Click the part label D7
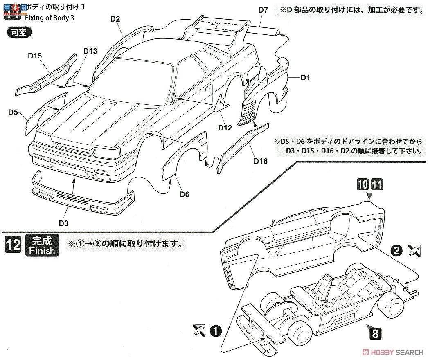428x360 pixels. click(263, 10)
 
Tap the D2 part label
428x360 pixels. click(115, 19)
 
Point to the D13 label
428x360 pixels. click(90, 51)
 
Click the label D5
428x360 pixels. click(12, 111)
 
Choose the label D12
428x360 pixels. click(225, 128)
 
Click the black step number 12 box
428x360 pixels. click(13, 245)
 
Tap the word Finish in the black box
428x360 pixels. click(42, 250)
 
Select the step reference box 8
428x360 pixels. click(375, 334)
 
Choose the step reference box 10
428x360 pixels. click(362, 185)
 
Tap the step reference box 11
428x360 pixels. click(376, 185)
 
